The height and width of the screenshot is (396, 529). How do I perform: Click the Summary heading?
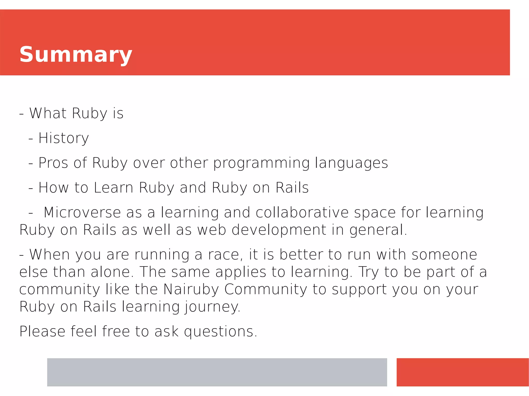[76, 55]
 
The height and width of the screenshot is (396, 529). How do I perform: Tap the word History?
[64, 138]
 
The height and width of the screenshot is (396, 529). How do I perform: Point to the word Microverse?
[82, 213]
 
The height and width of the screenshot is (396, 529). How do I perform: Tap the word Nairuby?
[191, 289]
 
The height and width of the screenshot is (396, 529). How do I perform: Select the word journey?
[212, 307]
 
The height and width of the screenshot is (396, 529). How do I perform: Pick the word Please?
[42, 332]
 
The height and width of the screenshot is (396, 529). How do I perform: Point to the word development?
[279, 230]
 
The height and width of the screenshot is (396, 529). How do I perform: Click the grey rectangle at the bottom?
[217, 372]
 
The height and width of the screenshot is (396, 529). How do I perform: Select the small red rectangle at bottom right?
[462, 372]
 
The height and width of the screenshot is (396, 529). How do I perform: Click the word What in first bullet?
[48, 113]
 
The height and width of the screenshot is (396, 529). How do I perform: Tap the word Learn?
[113, 188]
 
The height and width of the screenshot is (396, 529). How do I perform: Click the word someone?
[444, 255]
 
